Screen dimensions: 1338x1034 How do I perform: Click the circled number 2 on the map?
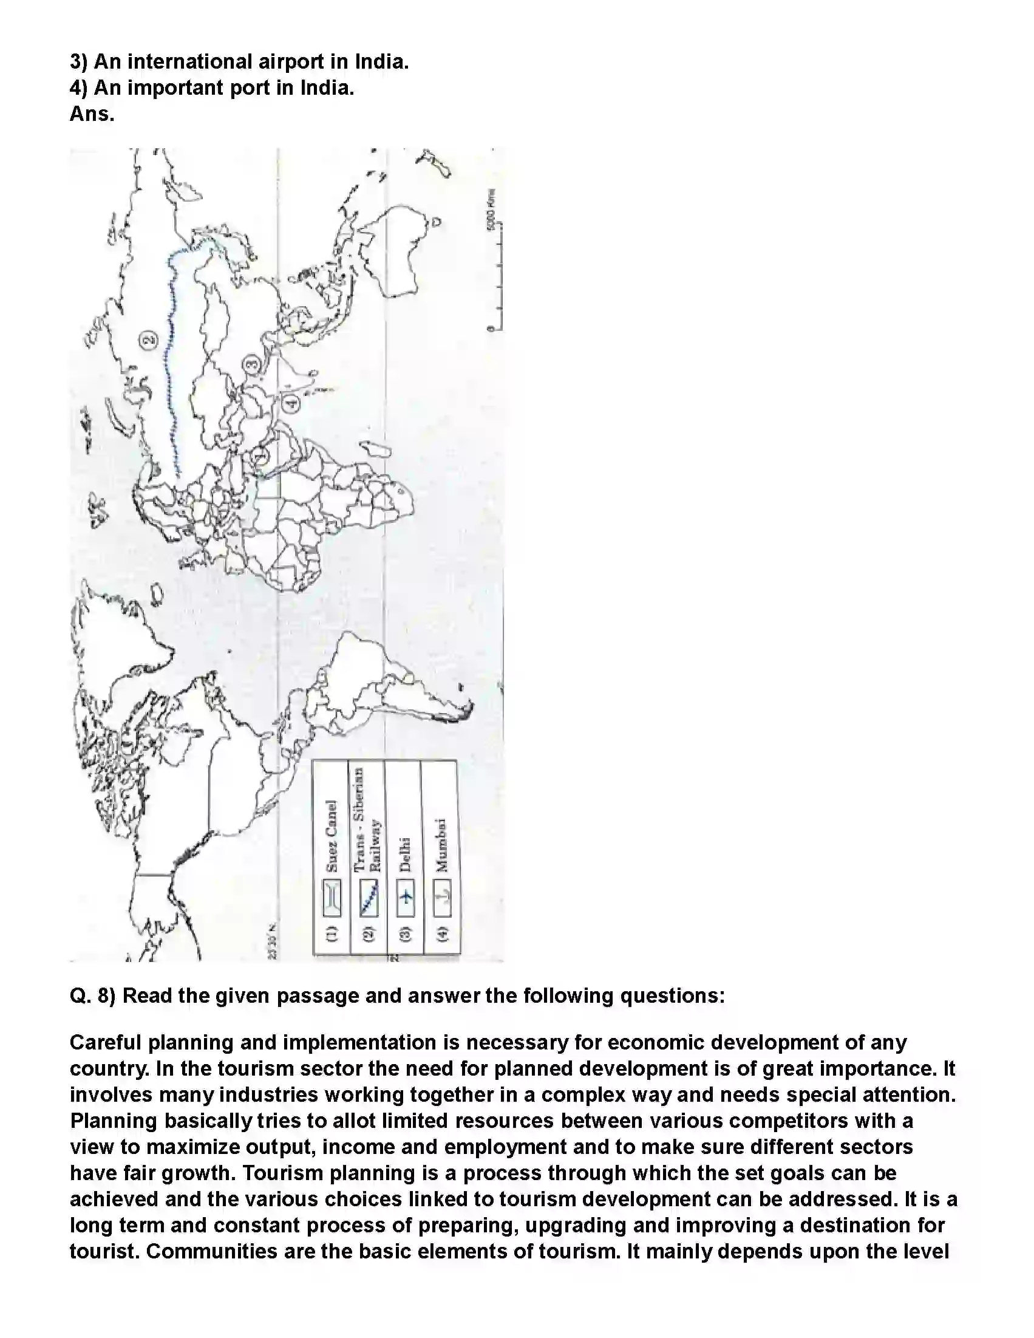pyautogui.click(x=149, y=339)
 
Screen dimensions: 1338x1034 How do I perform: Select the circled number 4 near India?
pyautogui.click(x=291, y=403)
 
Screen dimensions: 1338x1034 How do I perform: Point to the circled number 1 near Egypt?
pyautogui.click(x=260, y=456)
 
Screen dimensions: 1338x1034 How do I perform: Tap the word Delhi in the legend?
pyautogui.click(x=405, y=854)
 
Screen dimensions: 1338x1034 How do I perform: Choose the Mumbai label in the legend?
pyautogui.click(x=441, y=845)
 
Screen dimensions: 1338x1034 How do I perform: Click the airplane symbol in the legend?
pyautogui.click(x=405, y=898)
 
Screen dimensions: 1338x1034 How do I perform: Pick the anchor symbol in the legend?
pyautogui.click(x=442, y=898)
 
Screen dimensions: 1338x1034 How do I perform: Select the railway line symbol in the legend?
pyautogui.click(x=369, y=898)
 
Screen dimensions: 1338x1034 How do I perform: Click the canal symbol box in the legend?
pyautogui.click(x=332, y=898)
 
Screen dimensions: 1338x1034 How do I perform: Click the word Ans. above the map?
pyautogui.click(x=92, y=114)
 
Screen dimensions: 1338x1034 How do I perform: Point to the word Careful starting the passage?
pyautogui.click(x=106, y=1042)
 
